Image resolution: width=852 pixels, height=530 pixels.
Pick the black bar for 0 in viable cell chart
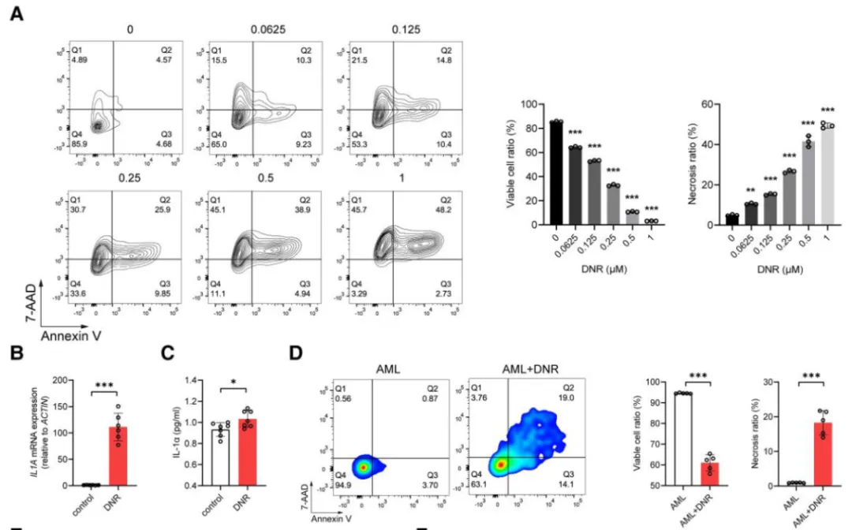pyautogui.click(x=536, y=173)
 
